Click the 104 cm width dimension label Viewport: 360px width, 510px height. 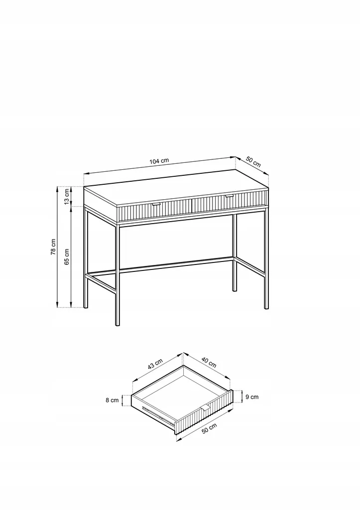pos(159,161)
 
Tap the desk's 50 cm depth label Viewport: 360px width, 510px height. pos(253,162)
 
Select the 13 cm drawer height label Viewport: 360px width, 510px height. pos(67,197)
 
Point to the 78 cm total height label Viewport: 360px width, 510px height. pos(53,247)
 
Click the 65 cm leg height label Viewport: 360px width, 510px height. pos(67,257)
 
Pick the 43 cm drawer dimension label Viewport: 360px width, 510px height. pos(155,364)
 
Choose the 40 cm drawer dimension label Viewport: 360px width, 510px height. pos(209,363)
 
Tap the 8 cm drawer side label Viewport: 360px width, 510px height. pos(112,400)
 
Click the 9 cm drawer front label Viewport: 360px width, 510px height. pos(252,397)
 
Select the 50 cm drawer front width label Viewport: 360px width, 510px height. pos(210,428)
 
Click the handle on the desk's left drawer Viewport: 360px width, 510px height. pos(156,205)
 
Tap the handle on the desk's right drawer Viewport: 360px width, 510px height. pos(229,196)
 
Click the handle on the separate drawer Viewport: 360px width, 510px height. pos(206,408)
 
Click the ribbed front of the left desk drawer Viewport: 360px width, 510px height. pos(155,211)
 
